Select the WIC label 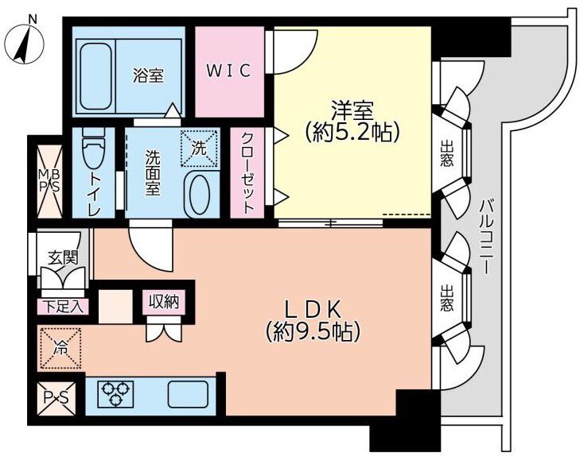[x=229, y=71]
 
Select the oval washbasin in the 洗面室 [x=197, y=195]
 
